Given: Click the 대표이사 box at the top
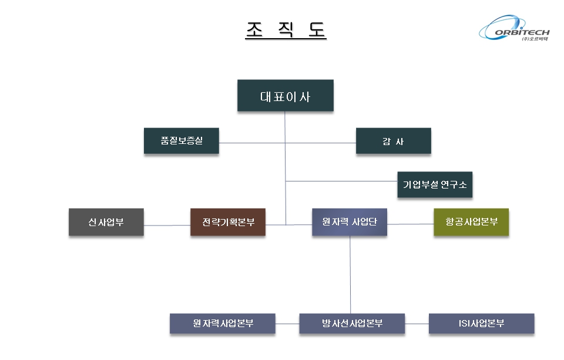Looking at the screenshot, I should (286, 96).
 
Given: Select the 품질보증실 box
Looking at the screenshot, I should (182, 141).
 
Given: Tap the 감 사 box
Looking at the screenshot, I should (393, 141).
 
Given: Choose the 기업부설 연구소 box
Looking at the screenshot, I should (435, 184).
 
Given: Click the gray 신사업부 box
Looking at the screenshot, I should (106, 222).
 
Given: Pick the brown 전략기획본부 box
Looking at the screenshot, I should (228, 222).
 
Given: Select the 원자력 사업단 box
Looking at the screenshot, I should (350, 222).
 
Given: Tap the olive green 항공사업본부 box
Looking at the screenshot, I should (471, 222).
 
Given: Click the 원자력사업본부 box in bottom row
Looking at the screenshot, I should (223, 324).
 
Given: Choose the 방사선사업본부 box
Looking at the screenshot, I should (352, 324).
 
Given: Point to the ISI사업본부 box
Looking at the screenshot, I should (481, 324).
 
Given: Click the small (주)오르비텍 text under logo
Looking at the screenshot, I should (533, 39).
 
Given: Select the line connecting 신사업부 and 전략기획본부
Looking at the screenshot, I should (167, 225).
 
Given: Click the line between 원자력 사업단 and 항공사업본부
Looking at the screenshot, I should (410, 224).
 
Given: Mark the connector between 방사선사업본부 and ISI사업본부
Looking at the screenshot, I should (417, 324).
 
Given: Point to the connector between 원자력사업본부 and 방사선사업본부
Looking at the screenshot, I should (287, 324).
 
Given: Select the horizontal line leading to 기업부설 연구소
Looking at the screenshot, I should (341, 181).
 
